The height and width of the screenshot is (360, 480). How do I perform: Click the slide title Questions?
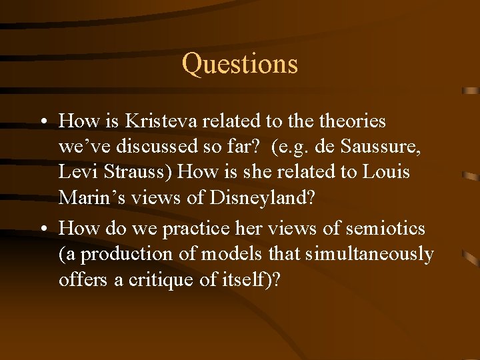click(239, 64)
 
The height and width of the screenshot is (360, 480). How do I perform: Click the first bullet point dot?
click(42, 122)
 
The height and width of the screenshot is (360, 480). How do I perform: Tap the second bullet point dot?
click(42, 229)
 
